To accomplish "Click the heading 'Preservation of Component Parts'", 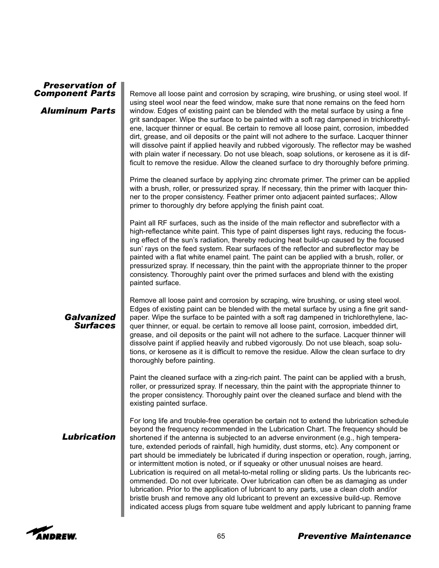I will point(75,89).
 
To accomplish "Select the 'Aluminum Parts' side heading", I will point(78,111).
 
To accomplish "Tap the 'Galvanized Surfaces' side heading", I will point(90,321).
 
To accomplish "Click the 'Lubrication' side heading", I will point(89,437).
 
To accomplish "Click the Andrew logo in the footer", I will point(52,534).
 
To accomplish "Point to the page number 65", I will point(221,536).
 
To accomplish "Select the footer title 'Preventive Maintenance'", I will point(354,536).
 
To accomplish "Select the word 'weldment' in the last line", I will point(265,507).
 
